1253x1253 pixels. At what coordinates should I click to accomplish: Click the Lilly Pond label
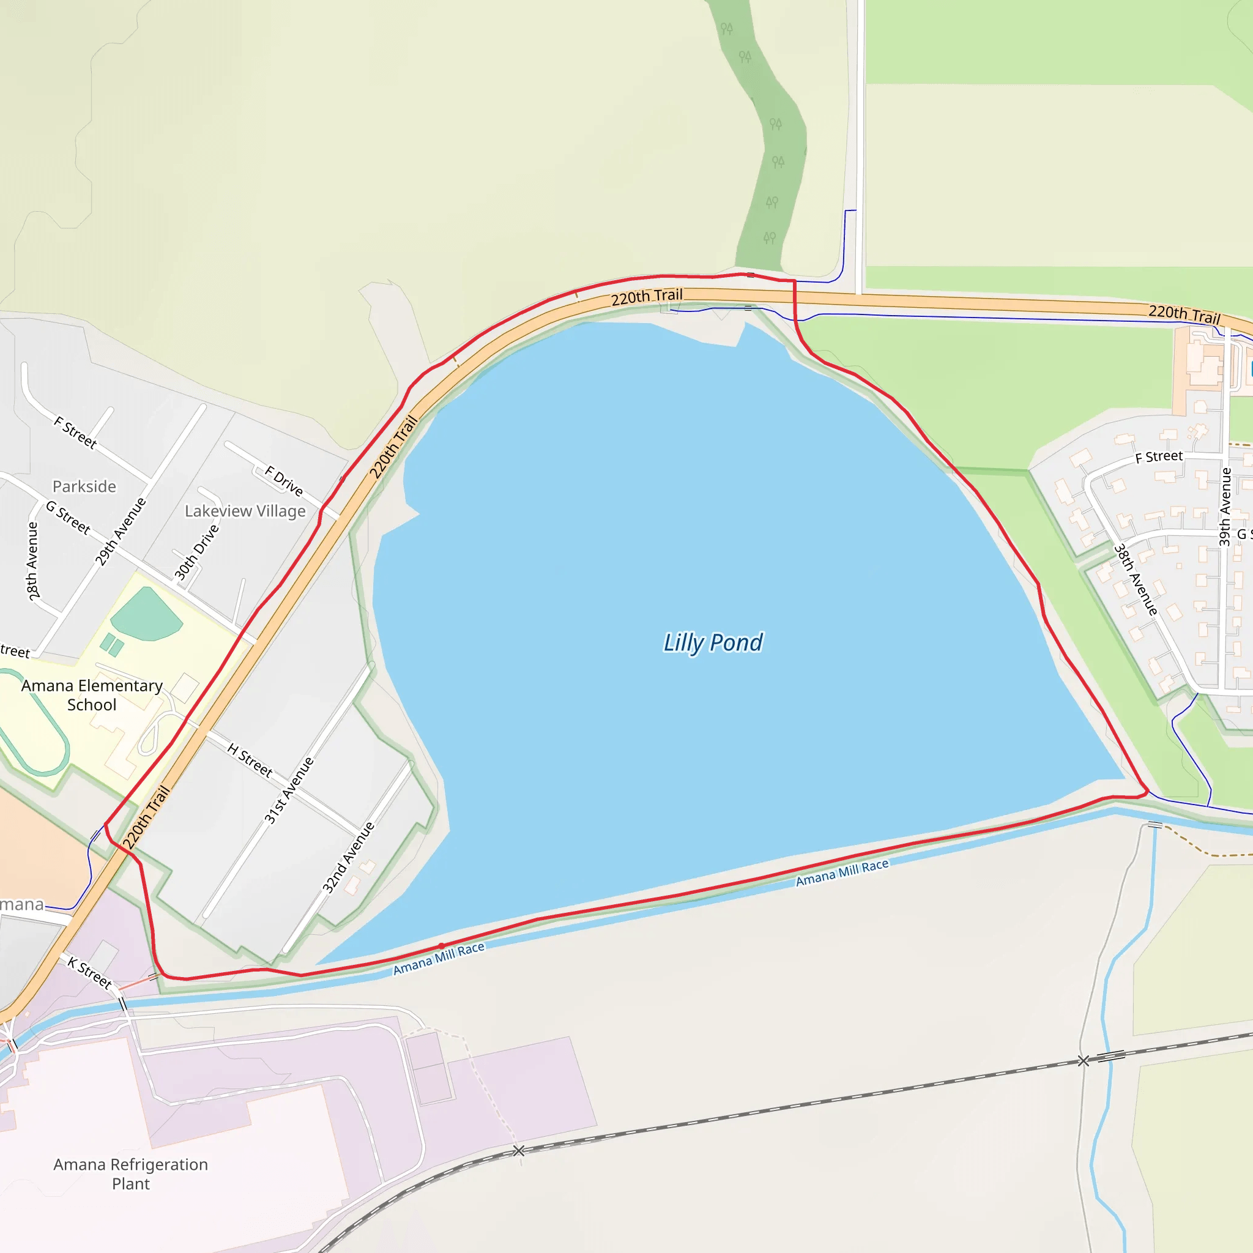[713, 643]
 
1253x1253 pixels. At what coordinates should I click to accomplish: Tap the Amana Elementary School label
[92, 695]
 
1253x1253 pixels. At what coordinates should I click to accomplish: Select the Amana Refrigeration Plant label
[131, 1174]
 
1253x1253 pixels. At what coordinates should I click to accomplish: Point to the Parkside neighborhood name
[84, 486]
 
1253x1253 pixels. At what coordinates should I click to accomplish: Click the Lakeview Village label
[245, 511]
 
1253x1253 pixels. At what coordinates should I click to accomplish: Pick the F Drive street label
[284, 480]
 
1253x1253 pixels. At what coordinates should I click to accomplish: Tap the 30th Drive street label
[196, 552]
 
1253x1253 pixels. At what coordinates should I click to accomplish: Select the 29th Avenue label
[121, 532]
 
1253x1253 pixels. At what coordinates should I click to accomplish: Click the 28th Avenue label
[32, 561]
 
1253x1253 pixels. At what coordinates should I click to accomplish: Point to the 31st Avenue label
[289, 790]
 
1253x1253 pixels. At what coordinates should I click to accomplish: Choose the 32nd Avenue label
[349, 857]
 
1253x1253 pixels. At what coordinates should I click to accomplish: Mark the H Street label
[250, 760]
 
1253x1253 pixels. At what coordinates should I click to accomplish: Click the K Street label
[90, 973]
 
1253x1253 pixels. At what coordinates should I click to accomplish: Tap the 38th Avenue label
[1136, 579]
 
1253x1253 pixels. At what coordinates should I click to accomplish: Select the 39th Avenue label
[1225, 507]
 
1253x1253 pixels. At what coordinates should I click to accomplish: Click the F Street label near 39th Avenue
[1159, 456]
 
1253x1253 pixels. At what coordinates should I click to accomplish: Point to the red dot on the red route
[442, 946]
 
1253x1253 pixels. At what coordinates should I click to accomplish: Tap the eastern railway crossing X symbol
[1083, 1061]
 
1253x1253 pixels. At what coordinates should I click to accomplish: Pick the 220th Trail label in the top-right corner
[1184, 314]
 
